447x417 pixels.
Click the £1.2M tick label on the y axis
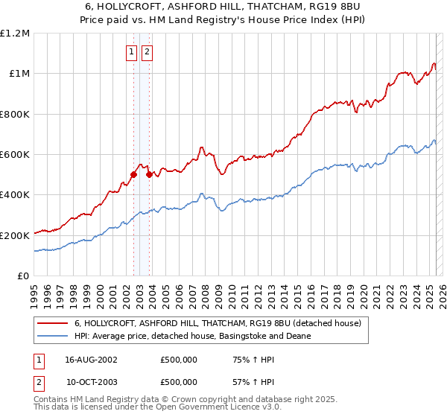pyautogui.click(x=15, y=34)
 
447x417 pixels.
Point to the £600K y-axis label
pyautogui.click(x=15, y=154)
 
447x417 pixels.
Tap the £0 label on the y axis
pyautogui.click(x=24, y=276)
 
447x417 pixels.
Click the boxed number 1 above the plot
pyautogui.click(x=131, y=52)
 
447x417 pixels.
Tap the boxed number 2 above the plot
pyautogui.click(x=147, y=52)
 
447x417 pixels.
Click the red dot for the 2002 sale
pyautogui.click(x=134, y=174)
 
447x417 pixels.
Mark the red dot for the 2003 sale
pyautogui.click(x=150, y=174)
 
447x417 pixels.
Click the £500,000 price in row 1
pyautogui.click(x=179, y=359)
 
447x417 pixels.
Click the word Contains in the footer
pyautogui.click(x=51, y=400)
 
